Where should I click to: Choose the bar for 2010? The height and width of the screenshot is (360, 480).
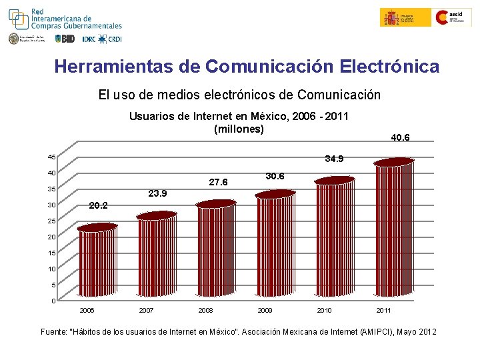click(x=334, y=237)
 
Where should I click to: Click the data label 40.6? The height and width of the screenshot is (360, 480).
click(x=400, y=138)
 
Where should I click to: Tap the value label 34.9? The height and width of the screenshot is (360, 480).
click(x=334, y=159)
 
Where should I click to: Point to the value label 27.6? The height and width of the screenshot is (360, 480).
click(x=218, y=182)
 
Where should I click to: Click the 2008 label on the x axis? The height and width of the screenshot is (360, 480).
click(x=206, y=311)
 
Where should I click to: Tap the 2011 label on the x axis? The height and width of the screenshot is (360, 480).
click(x=383, y=311)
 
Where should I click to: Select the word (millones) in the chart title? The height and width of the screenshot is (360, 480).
click(x=239, y=129)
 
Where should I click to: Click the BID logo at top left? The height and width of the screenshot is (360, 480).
click(x=65, y=39)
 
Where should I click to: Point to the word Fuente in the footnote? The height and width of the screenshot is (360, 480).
click(x=55, y=331)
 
